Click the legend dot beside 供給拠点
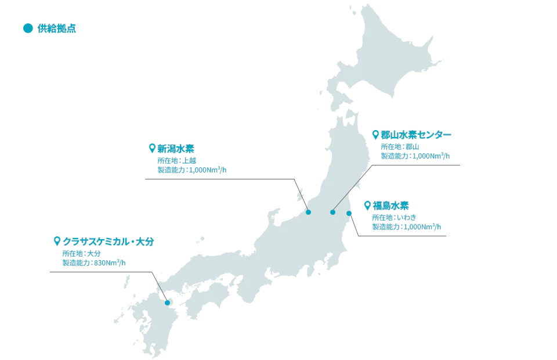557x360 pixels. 27,28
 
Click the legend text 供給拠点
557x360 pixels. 57,28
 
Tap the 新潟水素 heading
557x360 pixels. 176,148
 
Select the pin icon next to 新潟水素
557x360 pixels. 152,148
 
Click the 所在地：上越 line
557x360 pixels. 177,160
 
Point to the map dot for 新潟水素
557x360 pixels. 309,213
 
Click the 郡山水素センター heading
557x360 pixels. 415,135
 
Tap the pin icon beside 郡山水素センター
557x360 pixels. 375,135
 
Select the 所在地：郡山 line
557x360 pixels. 400,146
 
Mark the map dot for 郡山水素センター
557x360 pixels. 333,212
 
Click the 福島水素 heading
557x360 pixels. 391,206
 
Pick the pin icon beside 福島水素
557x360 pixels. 367,206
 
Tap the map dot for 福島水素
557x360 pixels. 349,213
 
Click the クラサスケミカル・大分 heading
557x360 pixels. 108,242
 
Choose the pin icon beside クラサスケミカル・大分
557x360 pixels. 57,241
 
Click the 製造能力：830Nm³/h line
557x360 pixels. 93,262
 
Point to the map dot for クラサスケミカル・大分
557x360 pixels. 167,303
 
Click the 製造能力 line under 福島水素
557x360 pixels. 406,226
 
